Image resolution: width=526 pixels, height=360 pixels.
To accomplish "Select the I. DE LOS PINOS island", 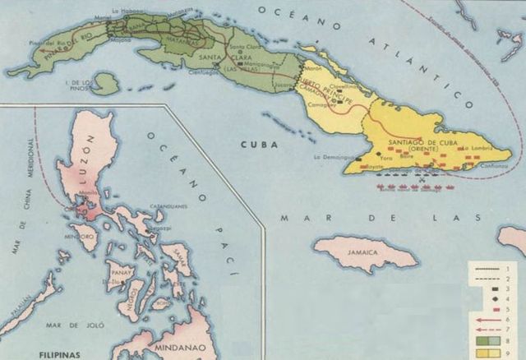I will point(105,83).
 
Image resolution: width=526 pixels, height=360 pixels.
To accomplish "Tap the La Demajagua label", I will point(330,155).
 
